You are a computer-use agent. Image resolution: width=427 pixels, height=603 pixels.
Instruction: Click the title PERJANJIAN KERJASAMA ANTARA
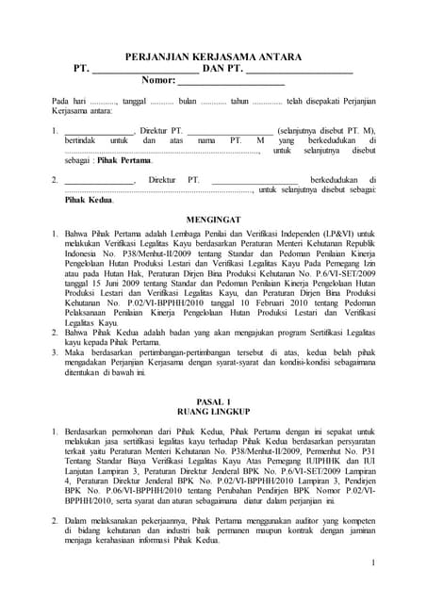[214, 57]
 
